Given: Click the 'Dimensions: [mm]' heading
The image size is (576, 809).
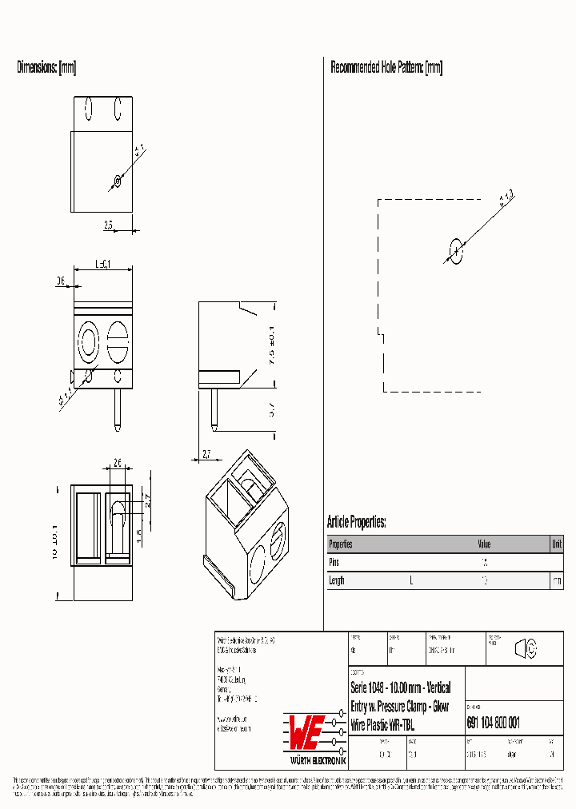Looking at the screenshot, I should click(x=46, y=68).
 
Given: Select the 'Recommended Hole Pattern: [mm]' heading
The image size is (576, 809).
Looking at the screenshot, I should click(x=386, y=68).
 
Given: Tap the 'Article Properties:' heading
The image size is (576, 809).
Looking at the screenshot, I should click(x=356, y=522).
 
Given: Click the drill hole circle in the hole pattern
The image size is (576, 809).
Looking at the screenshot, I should click(x=455, y=251).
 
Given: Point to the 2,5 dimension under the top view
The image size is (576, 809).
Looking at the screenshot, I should click(x=108, y=225).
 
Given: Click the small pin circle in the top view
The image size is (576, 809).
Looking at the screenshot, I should click(x=118, y=181).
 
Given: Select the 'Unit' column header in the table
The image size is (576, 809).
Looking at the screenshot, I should click(x=556, y=544).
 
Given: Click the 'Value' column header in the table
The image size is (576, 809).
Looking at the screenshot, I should click(x=484, y=544).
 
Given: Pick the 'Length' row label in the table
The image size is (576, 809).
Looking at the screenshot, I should click(x=337, y=580).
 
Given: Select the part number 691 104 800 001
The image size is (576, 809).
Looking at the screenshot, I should click(x=493, y=723).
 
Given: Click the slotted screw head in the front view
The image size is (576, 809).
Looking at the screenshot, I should click(x=118, y=342).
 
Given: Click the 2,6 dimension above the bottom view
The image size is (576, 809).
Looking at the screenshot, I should click(x=117, y=463).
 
